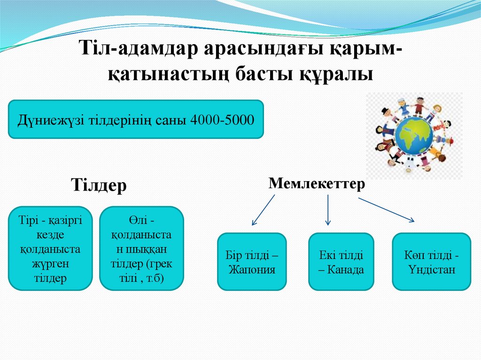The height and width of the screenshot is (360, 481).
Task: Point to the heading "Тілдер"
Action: (x=99, y=185)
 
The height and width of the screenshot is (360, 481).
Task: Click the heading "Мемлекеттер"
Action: (x=317, y=184)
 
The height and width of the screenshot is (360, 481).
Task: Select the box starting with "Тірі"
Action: (x=50, y=248)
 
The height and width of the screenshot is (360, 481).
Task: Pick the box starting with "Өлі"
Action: (x=141, y=248)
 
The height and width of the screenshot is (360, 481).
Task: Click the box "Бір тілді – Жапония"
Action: (x=252, y=261)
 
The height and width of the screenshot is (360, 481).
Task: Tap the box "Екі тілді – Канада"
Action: (x=341, y=261)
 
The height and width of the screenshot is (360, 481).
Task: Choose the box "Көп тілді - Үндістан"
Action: (x=431, y=261)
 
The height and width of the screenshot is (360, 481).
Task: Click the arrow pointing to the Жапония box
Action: (x=263, y=210)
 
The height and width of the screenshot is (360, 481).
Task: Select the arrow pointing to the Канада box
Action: (x=328, y=210)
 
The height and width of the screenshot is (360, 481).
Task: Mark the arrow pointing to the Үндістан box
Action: (x=386, y=209)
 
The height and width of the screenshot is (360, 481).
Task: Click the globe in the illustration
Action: (x=413, y=134)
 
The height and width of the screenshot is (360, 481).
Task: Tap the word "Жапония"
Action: (x=252, y=270)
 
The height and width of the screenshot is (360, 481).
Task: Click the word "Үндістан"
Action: (x=431, y=270)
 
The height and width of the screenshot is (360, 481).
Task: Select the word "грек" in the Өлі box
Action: (x=160, y=264)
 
